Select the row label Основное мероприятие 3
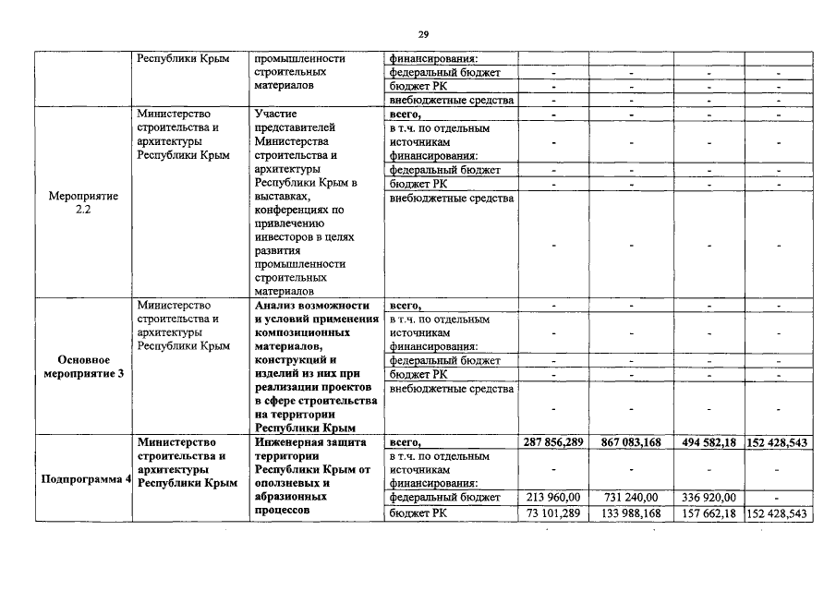pos(84,367)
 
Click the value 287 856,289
pos(552,443)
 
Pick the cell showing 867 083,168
pos(630,443)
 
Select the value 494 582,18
pos(708,443)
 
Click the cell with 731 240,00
pos(633,498)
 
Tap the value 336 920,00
pos(709,498)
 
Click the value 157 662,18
pos(708,513)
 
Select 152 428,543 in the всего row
pos(778,443)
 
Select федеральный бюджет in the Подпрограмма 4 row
pos(444,498)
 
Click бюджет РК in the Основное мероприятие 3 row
pos(418,374)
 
